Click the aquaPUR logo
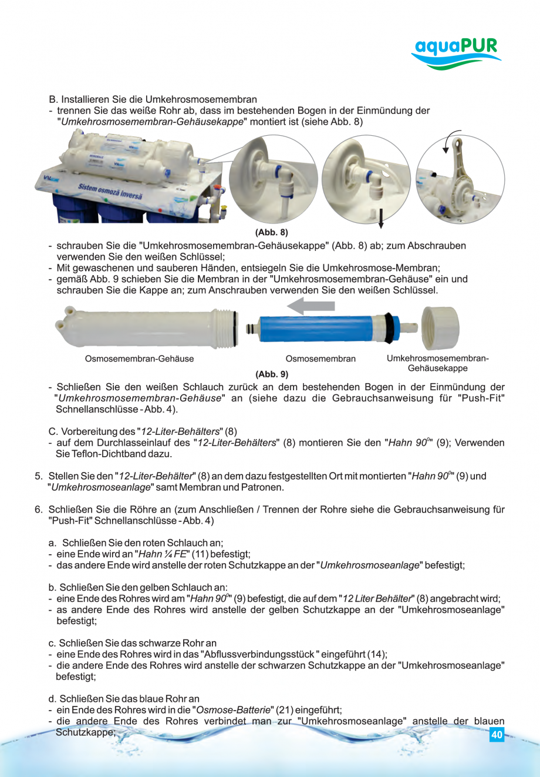click(456, 53)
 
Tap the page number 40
click(497, 735)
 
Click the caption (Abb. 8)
click(271, 232)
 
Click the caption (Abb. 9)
click(271, 374)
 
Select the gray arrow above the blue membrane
click(311, 306)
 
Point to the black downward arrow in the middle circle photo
click(380, 217)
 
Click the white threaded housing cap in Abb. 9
click(440, 328)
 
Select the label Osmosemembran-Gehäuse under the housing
click(139, 359)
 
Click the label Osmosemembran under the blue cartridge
click(320, 359)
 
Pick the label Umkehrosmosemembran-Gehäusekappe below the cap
click(437, 363)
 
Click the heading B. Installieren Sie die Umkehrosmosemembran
click(153, 99)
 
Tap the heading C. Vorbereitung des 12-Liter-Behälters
click(143, 431)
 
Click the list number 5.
click(38, 476)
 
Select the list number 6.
click(38, 510)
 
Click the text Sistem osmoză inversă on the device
click(110, 191)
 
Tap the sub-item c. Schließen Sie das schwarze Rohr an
click(132, 643)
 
